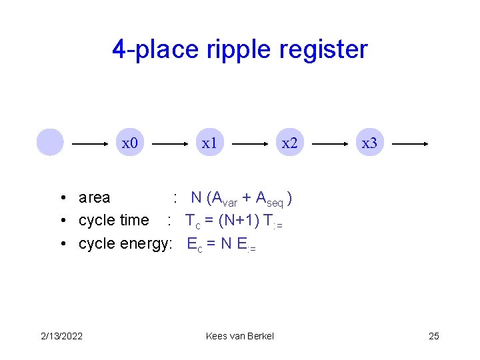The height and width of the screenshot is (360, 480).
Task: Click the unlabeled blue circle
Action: (50, 142)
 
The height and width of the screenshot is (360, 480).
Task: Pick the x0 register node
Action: (129, 143)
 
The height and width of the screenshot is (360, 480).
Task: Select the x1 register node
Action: (209, 143)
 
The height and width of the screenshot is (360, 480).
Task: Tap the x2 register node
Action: (289, 143)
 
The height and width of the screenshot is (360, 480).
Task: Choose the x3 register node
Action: (369, 143)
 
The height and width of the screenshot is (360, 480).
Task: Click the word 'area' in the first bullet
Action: (94, 197)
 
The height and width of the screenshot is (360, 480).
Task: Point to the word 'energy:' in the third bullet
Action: (147, 244)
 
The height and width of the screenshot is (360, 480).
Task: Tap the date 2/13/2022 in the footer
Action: (61, 335)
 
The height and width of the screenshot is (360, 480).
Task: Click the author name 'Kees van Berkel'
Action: (240, 335)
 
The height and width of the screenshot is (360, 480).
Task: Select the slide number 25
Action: (433, 335)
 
